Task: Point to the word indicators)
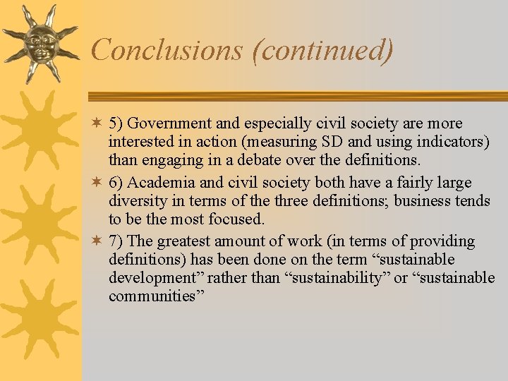[x=454, y=143]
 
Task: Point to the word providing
[x=441, y=242]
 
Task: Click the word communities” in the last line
[x=156, y=296]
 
